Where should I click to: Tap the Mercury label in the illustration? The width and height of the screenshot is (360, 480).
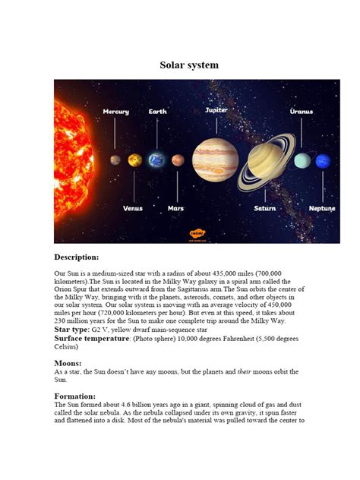(116, 112)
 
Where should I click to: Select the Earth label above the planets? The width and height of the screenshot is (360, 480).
(157, 112)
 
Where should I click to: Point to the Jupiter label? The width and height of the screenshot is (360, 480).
(216, 110)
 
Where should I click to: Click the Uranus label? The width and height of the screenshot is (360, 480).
(302, 112)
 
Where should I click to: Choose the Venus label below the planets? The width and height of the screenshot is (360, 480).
(133, 207)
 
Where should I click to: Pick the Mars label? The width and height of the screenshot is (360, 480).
(175, 207)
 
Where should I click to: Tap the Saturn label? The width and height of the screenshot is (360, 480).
(265, 207)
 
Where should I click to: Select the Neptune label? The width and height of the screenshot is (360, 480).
(322, 207)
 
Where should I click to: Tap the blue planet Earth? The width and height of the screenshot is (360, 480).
(156, 160)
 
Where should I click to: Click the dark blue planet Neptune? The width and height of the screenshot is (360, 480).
(323, 160)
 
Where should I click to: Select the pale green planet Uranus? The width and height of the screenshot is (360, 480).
(302, 160)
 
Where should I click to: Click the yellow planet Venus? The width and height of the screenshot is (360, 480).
(134, 160)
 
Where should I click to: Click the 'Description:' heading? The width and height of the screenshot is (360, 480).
(77, 257)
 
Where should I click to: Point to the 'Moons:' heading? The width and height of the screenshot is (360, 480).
(68, 364)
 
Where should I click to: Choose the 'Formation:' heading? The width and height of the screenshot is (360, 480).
(75, 396)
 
